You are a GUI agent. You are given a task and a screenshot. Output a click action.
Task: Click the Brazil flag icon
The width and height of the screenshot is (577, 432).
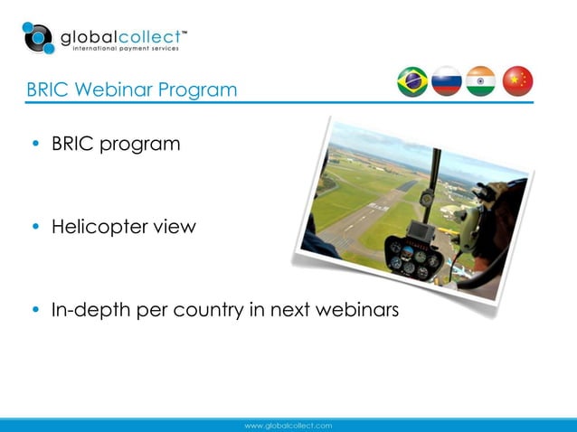click(412, 81)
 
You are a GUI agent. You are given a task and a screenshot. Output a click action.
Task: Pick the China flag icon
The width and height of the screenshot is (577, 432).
click(517, 81)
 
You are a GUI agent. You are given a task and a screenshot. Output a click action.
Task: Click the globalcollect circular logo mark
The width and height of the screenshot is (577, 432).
click(39, 38)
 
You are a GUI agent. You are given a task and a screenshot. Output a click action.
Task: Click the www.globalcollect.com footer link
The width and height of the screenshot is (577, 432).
click(288, 425)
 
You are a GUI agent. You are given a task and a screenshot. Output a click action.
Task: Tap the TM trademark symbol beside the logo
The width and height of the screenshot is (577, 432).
click(184, 32)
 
